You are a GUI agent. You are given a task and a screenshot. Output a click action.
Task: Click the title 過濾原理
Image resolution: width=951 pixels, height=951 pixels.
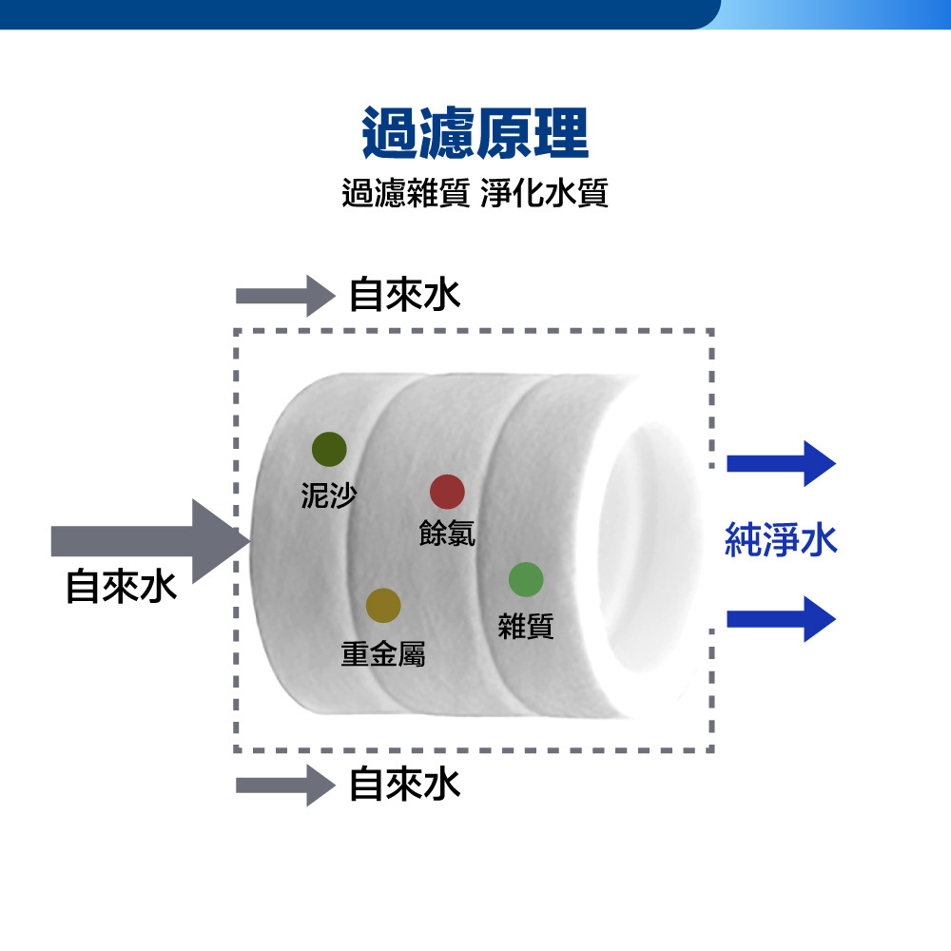[x=475, y=134]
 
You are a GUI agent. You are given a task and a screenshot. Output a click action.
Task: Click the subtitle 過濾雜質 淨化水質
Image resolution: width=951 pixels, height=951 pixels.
[x=475, y=194]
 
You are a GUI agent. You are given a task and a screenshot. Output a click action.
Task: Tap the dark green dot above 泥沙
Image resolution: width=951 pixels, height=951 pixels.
[x=329, y=449]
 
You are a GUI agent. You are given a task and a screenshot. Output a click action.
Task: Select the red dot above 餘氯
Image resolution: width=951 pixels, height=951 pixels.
[x=447, y=492]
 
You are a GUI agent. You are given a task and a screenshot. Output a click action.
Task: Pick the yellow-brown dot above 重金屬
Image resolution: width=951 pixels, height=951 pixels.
[x=383, y=605]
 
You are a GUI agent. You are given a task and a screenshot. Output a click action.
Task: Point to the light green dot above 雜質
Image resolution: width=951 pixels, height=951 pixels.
[x=526, y=579]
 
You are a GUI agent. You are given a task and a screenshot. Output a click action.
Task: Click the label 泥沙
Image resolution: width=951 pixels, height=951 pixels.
[x=328, y=495]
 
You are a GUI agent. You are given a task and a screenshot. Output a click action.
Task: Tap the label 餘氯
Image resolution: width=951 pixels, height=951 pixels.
[x=447, y=534]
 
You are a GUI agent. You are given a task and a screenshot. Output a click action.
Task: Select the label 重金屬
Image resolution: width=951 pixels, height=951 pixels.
[x=383, y=653]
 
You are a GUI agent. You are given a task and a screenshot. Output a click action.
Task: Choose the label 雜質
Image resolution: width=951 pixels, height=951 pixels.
[x=526, y=626]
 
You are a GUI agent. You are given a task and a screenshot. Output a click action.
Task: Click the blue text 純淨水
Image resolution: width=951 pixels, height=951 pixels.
[x=781, y=539]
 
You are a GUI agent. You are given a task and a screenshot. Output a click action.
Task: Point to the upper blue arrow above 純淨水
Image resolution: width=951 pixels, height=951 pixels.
[x=781, y=464]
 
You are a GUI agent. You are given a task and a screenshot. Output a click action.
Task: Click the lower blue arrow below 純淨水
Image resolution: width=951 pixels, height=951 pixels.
[x=781, y=619]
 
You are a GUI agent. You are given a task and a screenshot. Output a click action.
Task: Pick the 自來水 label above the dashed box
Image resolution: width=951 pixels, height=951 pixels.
[x=405, y=295]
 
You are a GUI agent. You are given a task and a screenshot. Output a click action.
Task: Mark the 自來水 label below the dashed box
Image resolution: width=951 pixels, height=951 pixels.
[x=405, y=785]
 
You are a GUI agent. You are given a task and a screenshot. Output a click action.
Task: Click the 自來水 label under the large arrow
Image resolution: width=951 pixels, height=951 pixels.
[x=121, y=587]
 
